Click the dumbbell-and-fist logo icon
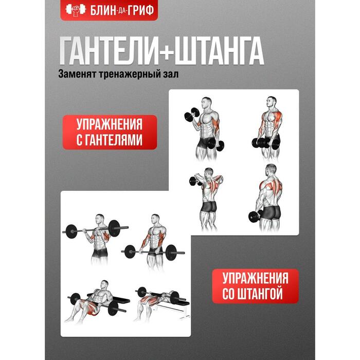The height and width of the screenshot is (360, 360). pyautogui.click(x=76, y=10)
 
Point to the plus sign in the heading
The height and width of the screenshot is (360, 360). pyautogui.click(x=166, y=51)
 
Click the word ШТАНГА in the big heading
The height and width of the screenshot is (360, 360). pyautogui.click(x=219, y=51)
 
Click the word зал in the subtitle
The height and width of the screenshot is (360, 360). pyautogui.click(x=171, y=74)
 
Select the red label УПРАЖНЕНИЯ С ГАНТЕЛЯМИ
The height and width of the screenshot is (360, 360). pyautogui.click(x=110, y=132)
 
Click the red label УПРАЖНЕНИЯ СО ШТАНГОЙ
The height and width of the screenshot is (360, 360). pyautogui.click(x=255, y=286)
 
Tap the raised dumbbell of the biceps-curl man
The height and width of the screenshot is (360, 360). pyautogui.click(x=192, y=114)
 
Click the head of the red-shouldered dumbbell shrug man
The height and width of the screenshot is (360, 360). pyautogui.click(x=272, y=102)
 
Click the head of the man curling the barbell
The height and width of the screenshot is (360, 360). pyautogui.click(x=100, y=220)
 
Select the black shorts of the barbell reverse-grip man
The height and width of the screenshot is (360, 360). pyautogui.click(x=155, y=251)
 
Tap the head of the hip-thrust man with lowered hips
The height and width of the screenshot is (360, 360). pyautogui.click(x=104, y=285)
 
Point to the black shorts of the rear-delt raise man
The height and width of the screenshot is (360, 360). pyautogui.click(x=209, y=206)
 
